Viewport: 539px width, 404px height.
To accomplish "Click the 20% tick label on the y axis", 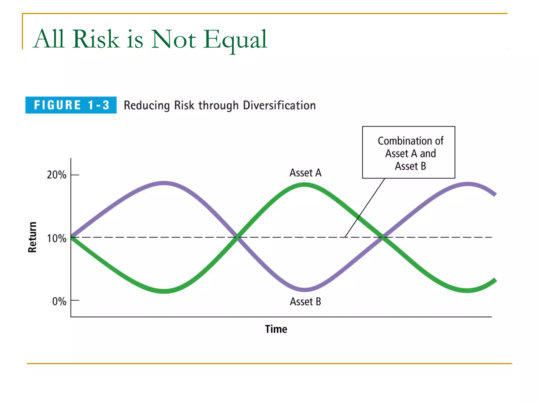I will [x=57, y=175].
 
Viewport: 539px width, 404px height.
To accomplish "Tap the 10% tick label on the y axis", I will [x=57, y=239].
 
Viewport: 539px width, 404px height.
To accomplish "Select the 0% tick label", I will [x=59, y=301].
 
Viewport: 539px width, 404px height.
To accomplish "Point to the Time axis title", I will [x=276, y=329].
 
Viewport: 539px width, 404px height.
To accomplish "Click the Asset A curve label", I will [x=305, y=173].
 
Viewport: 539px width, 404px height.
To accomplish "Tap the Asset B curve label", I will [x=305, y=302].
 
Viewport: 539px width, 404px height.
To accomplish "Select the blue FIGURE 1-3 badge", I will [x=71, y=105].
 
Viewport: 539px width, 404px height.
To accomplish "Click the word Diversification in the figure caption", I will [x=279, y=105].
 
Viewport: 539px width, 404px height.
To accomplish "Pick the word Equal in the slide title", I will [x=235, y=39].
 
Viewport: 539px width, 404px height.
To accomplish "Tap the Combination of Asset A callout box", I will [x=408, y=153].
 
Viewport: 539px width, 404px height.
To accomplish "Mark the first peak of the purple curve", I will [x=164, y=183].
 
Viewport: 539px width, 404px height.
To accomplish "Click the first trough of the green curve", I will [x=164, y=291].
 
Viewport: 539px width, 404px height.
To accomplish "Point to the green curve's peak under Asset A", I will [x=305, y=185].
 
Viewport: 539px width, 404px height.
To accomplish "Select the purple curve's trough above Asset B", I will [x=305, y=290].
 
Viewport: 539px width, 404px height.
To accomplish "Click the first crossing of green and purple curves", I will [x=238, y=237].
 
